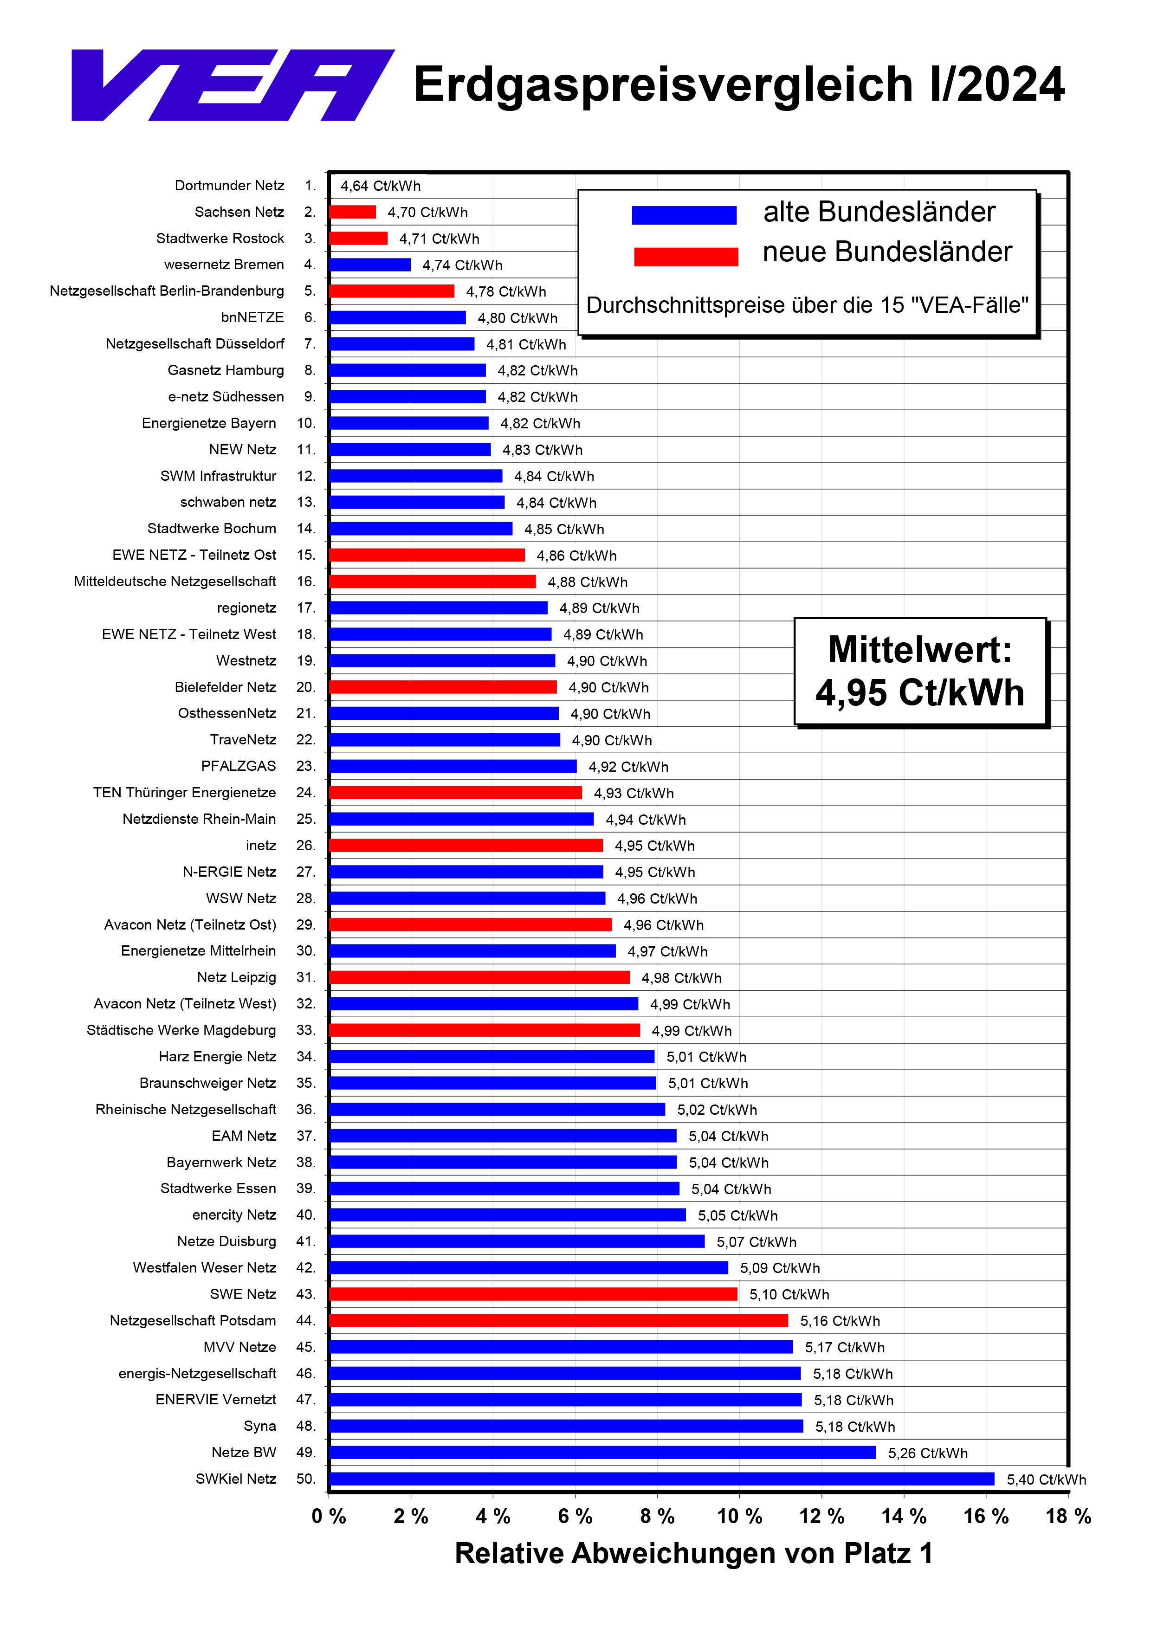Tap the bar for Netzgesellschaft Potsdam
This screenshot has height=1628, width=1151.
[x=558, y=1320]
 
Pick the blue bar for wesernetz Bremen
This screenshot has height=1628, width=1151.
[x=369, y=265]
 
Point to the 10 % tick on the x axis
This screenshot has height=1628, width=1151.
[x=739, y=1516]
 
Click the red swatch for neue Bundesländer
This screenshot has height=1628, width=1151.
[x=686, y=256]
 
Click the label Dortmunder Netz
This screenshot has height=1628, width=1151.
[x=229, y=186]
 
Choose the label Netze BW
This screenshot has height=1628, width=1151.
[x=244, y=1452]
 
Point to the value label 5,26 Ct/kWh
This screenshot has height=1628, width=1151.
[x=928, y=1453]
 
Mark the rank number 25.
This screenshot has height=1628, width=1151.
[x=306, y=819]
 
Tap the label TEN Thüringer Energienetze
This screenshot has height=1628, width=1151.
[x=184, y=793]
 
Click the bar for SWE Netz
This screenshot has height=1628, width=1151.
[x=533, y=1294]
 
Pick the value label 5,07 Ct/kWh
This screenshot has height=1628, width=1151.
[x=756, y=1241]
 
